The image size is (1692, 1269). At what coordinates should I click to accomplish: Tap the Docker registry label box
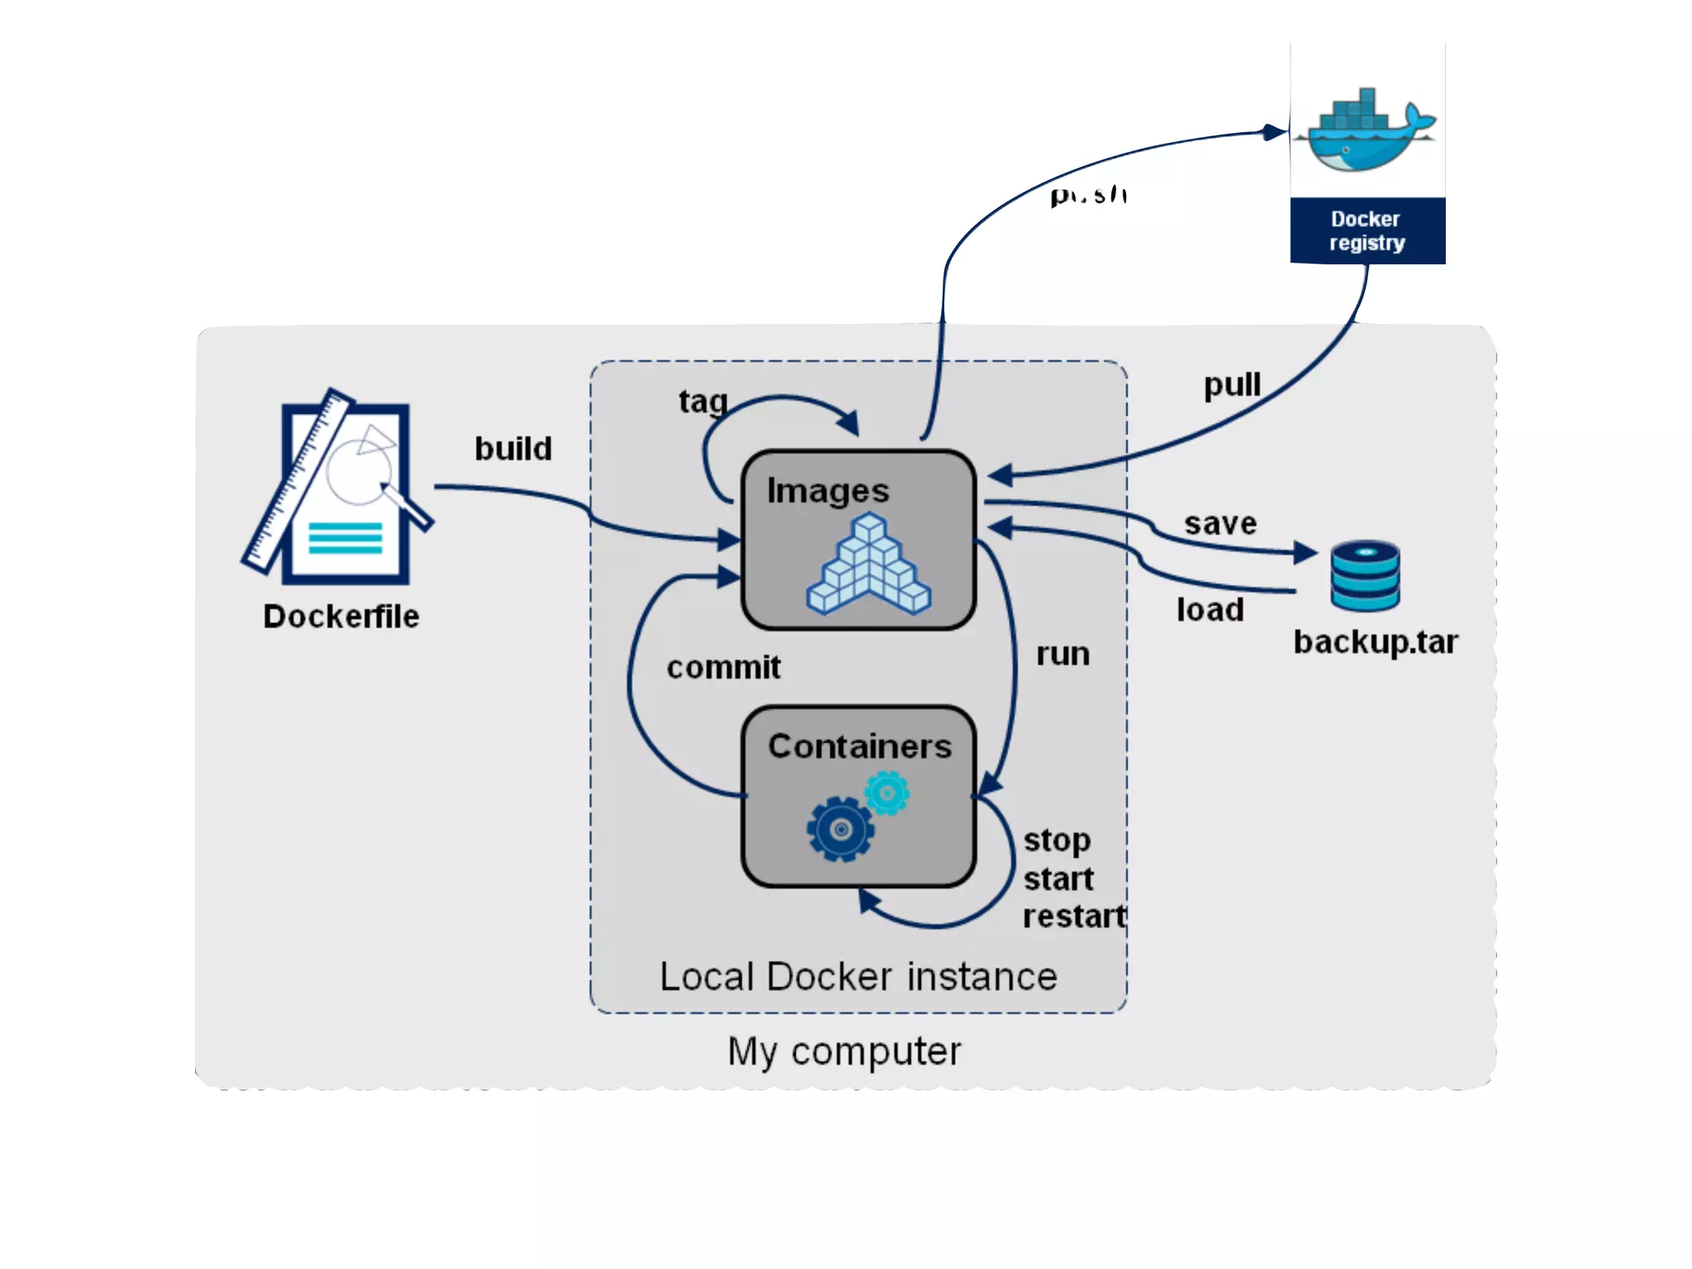(x=1367, y=231)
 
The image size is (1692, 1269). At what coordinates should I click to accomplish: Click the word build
(x=513, y=449)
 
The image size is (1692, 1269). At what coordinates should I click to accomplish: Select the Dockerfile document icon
(x=339, y=487)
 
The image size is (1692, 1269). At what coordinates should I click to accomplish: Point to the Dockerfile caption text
(x=340, y=616)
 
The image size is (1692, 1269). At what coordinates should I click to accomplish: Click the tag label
(x=703, y=402)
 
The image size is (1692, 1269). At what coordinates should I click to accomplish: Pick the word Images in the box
(x=828, y=491)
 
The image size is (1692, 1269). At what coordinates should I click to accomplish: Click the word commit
(x=724, y=668)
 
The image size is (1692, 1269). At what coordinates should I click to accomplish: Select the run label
(x=1063, y=654)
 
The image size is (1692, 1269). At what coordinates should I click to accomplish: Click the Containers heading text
(x=860, y=746)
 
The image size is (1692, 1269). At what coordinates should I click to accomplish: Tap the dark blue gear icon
(x=840, y=829)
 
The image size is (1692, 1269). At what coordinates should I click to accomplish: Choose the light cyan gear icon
(x=887, y=793)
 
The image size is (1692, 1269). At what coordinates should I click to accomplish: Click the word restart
(x=1074, y=916)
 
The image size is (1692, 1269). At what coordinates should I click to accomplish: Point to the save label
(x=1220, y=523)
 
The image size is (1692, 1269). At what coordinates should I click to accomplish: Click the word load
(x=1210, y=610)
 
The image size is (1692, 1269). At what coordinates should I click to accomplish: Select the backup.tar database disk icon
(x=1365, y=576)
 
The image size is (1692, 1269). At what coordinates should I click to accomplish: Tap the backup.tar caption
(x=1376, y=642)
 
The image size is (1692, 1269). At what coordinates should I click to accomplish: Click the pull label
(x=1232, y=385)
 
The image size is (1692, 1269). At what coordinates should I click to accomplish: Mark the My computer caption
(x=844, y=1052)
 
